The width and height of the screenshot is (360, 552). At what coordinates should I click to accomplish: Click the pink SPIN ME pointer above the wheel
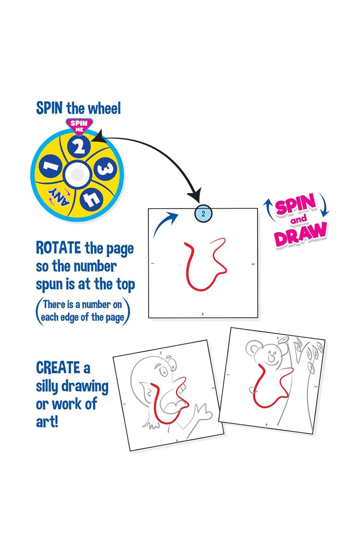(x=78, y=124)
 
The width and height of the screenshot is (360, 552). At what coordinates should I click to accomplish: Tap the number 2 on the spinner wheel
(x=79, y=147)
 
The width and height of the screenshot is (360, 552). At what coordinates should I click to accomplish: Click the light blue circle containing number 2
(x=203, y=213)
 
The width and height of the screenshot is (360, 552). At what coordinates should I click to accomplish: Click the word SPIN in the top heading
(x=50, y=109)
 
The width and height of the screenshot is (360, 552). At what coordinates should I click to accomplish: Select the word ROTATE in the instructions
(x=59, y=248)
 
